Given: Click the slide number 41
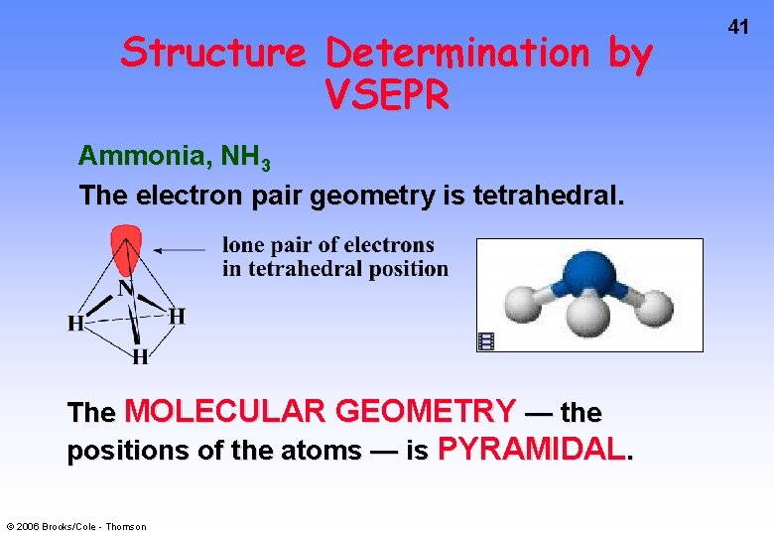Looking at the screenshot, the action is pos(737,28).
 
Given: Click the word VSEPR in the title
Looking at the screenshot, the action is pos(386,95).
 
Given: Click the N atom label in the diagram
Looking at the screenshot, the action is pos(127,289).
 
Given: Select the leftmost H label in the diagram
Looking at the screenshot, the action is pos(74,324).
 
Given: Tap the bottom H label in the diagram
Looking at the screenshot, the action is pos(140,355).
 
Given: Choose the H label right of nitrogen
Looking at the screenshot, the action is pos(176,317).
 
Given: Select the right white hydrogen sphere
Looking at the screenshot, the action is pos(653,307).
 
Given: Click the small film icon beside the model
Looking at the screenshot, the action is pos(486,341).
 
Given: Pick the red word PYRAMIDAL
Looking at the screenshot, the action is pos(531,450).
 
